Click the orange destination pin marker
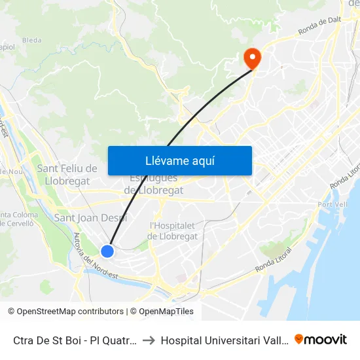[251, 59]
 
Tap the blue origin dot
[107, 251]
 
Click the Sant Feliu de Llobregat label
[67, 174]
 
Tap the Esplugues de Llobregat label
[154, 185]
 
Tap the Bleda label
[31, 41]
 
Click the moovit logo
[321, 340]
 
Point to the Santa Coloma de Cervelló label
[18, 219]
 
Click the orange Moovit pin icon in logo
[299, 340]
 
